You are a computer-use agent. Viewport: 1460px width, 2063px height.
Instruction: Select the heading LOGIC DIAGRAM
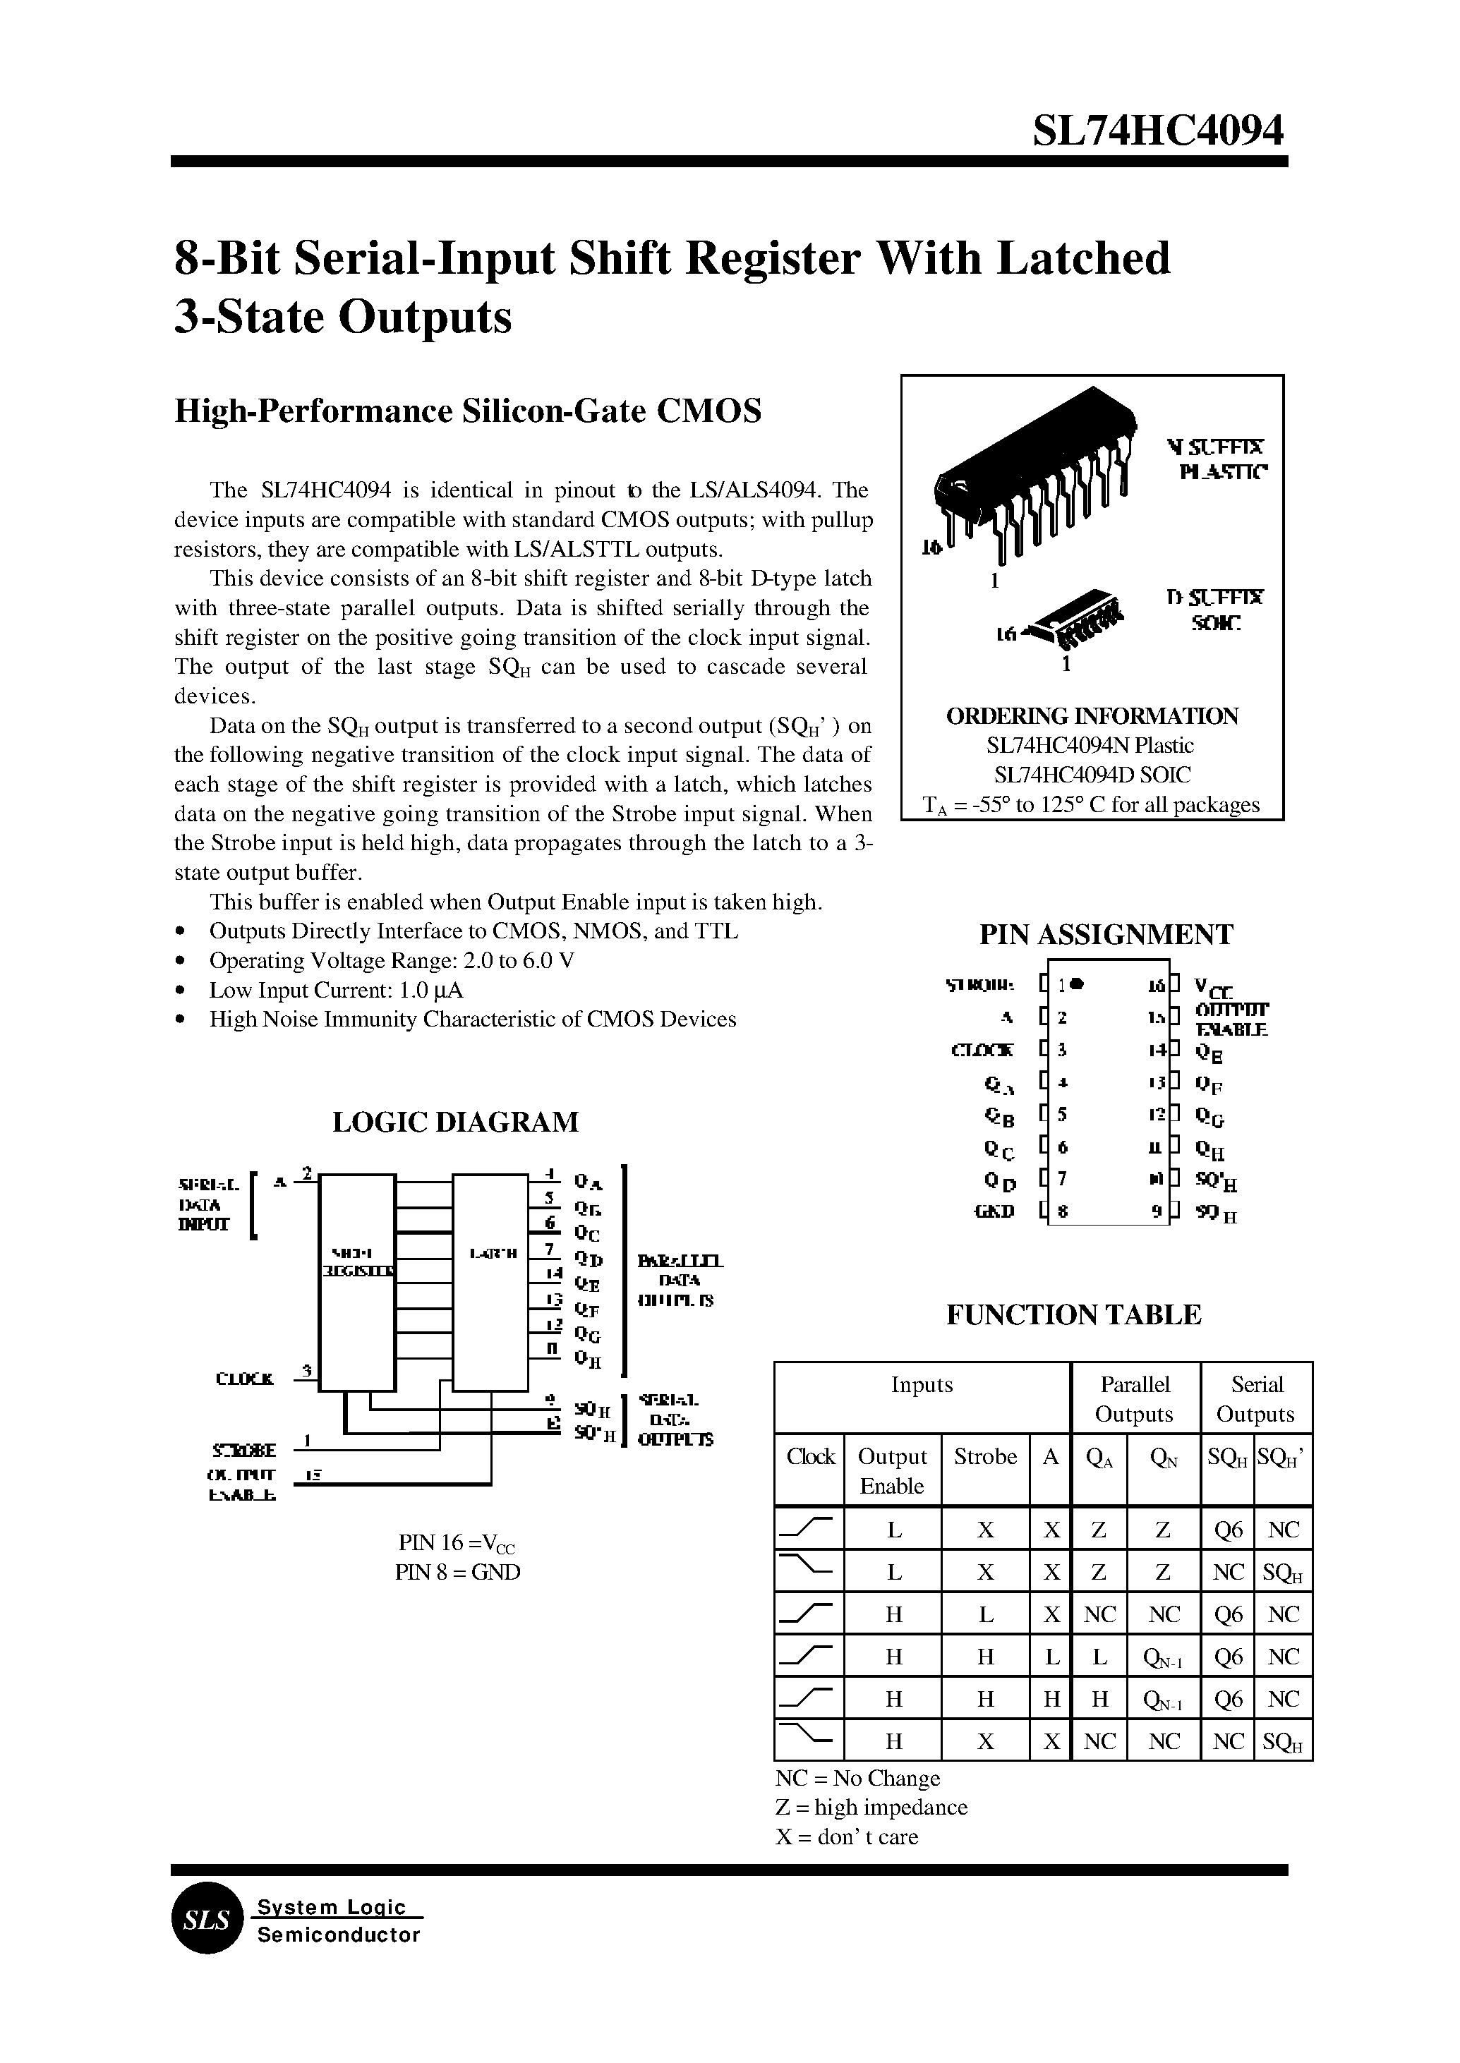point(455,1122)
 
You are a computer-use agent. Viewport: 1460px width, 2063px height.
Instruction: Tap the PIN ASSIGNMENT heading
point(1106,935)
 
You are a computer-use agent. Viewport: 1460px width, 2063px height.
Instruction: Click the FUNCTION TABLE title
point(1073,1314)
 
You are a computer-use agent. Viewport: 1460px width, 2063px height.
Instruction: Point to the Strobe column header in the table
point(984,1456)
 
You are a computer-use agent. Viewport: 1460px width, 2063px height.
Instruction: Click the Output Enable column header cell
point(892,1470)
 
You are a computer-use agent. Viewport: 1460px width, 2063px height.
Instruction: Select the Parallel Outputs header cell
point(1135,1398)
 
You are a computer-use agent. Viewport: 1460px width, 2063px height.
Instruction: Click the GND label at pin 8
point(994,1211)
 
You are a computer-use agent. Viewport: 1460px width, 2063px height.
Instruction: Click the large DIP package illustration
point(1034,476)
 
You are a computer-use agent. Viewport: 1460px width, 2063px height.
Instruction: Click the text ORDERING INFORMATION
point(1092,715)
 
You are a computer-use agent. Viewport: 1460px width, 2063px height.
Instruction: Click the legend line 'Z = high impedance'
point(870,1807)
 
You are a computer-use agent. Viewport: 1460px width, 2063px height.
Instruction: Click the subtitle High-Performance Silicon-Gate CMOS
point(467,411)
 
